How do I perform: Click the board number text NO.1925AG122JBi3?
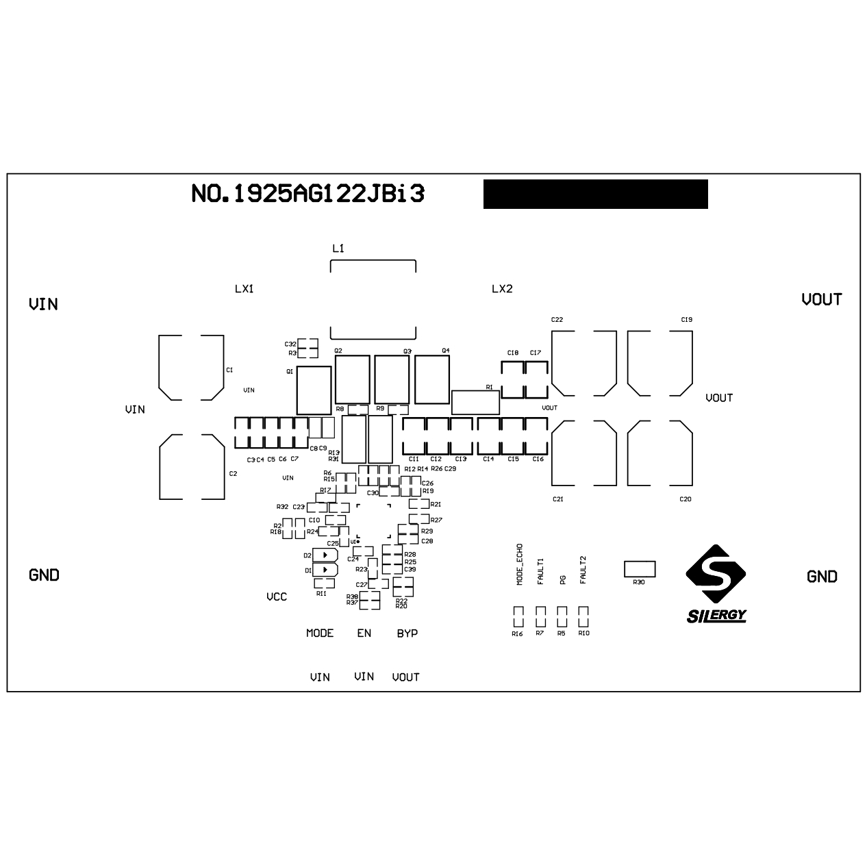[x=307, y=194]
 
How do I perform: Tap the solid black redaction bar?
[x=595, y=194]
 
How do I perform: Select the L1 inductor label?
[x=338, y=248]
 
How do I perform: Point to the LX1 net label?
[x=244, y=289]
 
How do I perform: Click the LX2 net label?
[x=501, y=289]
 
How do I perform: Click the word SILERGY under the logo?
[x=716, y=615]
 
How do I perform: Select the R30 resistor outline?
[x=640, y=568]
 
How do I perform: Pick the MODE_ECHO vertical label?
[x=519, y=564]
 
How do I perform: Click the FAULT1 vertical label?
[x=540, y=570]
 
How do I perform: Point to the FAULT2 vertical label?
[x=583, y=570]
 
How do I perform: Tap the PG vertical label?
[x=562, y=579]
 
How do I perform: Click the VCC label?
[x=276, y=597]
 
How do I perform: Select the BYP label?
[x=407, y=633]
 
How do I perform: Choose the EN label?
[x=364, y=633]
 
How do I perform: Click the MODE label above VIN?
[x=319, y=633]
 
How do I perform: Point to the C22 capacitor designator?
[x=557, y=320]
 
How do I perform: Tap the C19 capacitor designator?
[x=686, y=320]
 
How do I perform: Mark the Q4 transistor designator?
[x=445, y=351]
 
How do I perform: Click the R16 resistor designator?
[x=517, y=634]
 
